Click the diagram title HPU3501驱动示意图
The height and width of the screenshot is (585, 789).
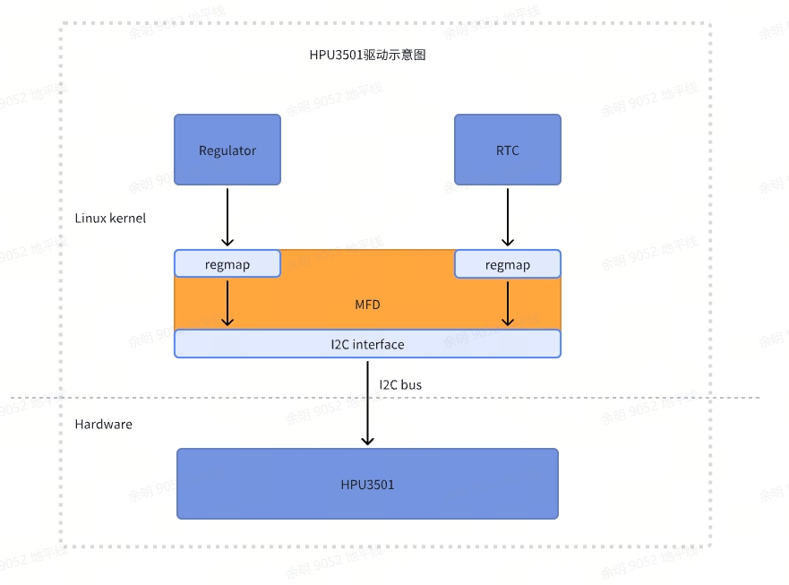pyautogui.click(x=367, y=55)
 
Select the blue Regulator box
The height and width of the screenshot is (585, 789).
pyautogui.click(x=227, y=150)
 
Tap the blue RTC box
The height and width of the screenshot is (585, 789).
pyautogui.click(x=508, y=150)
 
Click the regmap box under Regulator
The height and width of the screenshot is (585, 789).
pyautogui.click(x=227, y=263)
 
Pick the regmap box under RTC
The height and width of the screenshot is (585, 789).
pyautogui.click(x=508, y=263)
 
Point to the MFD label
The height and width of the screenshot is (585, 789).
pyautogui.click(x=367, y=305)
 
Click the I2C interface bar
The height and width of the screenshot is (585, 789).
pyautogui.click(x=367, y=344)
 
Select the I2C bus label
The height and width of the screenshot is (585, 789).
pyautogui.click(x=400, y=385)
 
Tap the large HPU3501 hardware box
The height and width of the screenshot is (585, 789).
pyautogui.click(x=367, y=484)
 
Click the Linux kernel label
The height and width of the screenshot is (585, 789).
pyautogui.click(x=110, y=218)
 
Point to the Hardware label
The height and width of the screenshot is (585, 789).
pyautogui.click(x=104, y=425)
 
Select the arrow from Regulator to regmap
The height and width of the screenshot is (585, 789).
pyautogui.click(x=227, y=218)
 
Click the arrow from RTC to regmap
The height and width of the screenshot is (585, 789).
pyautogui.click(x=508, y=218)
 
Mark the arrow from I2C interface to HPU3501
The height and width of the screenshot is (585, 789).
pyautogui.click(x=368, y=403)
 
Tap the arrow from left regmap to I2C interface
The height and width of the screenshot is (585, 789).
pyautogui.click(x=227, y=304)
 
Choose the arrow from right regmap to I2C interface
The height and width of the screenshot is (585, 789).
pyautogui.click(x=508, y=304)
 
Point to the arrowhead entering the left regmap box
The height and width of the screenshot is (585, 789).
pyautogui.click(x=227, y=242)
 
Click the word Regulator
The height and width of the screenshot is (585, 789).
pyautogui.click(x=227, y=151)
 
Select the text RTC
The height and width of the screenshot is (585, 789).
pyautogui.click(x=508, y=151)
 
